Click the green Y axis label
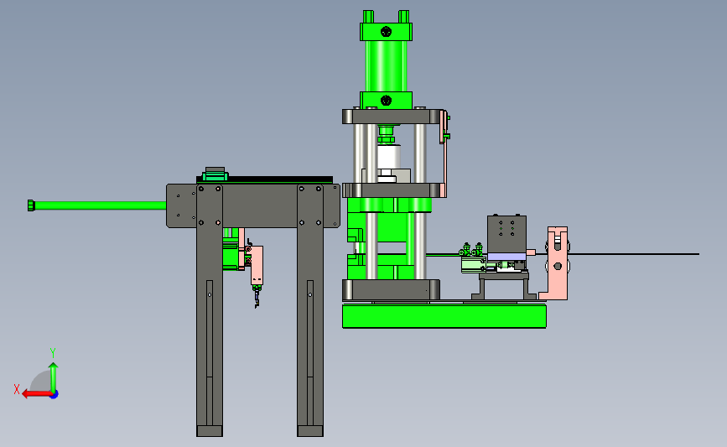[52, 353]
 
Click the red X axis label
[17, 389]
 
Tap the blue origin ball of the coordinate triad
[55, 395]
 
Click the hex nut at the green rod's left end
[31, 205]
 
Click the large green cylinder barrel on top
[387, 66]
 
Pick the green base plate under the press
[444, 316]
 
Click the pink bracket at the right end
[556, 263]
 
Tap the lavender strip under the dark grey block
[506, 257]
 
